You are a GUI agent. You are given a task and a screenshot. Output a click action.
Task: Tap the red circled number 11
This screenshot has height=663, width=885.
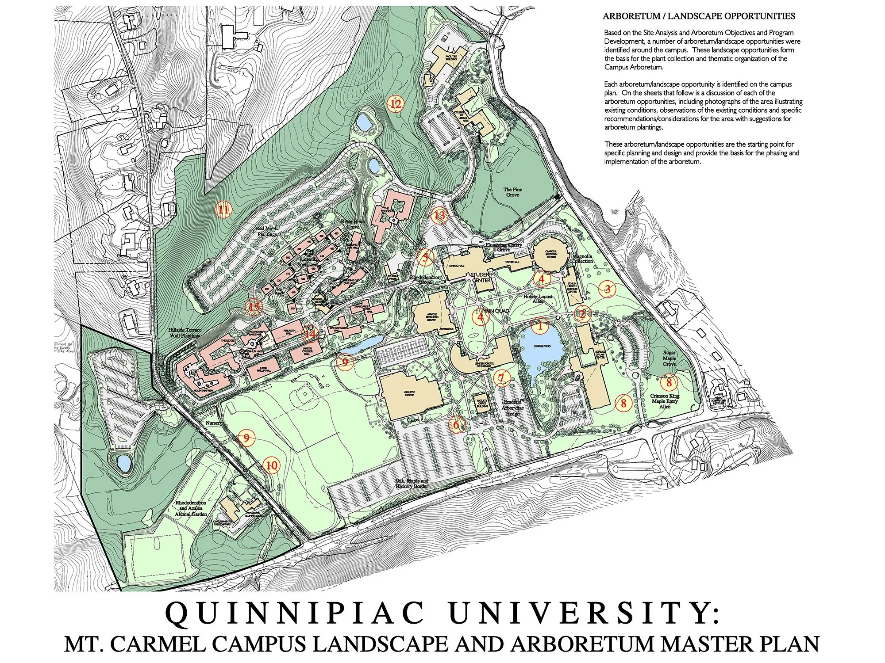tap(223, 209)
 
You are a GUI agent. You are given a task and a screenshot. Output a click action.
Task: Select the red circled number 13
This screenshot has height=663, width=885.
tap(439, 216)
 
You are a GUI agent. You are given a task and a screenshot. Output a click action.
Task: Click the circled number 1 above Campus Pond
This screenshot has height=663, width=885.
tap(539, 327)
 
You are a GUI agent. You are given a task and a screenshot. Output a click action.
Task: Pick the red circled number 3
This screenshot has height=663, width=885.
tap(608, 289)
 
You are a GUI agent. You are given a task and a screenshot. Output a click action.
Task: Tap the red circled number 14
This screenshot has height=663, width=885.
tap(310, 334)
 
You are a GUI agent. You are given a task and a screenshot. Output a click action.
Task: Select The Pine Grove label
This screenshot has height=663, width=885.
tap(512, 192)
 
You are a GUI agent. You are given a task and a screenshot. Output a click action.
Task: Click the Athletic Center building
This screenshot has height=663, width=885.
tap(411, 392)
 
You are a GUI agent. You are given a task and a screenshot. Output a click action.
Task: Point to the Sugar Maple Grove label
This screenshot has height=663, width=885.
tap(669, 358)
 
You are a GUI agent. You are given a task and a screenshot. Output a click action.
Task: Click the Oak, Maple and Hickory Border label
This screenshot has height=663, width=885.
tap(412, 483)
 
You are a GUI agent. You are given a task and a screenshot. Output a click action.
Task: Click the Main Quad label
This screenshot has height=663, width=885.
tap(495, 311)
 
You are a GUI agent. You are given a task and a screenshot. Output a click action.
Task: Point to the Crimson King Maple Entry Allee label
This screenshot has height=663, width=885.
tap(664, 401)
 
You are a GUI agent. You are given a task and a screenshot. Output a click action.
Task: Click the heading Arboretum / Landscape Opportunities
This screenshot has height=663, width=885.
tap(699, 16)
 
